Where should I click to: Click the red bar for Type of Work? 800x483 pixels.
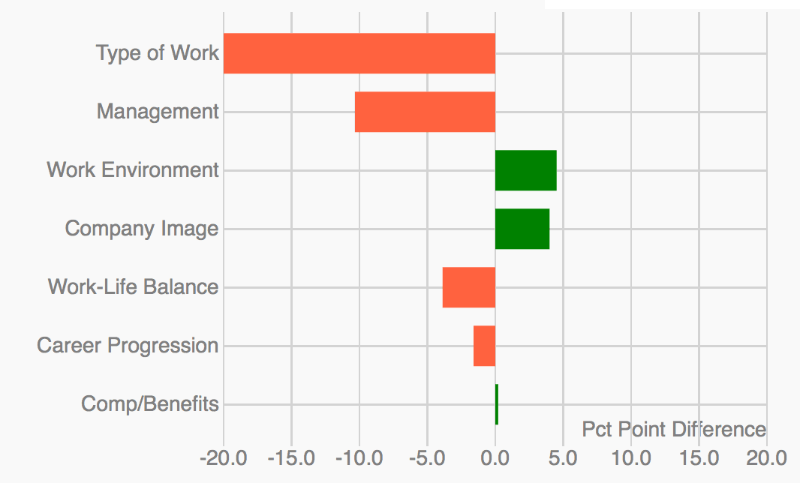coord(359,53)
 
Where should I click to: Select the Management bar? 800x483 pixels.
coord(425,112)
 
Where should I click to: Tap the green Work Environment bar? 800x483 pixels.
coord(525,170)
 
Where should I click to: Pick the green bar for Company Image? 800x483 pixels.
coord(522,229)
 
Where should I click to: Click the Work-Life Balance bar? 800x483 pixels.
coord(469,287)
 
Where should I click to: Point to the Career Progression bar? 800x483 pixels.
coord(484,346)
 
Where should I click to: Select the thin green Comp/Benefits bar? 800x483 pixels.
coord(497,404)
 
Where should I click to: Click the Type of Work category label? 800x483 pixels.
coord(158,53)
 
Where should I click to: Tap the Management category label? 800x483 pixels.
coord(158,112)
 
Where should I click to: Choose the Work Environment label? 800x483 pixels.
coord(133,170)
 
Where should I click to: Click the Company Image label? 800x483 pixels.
coord(142,229)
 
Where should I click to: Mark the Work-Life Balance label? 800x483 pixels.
coord(133,287)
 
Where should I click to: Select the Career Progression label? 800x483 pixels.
coord(128,346)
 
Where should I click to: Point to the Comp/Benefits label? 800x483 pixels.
coord(150,404)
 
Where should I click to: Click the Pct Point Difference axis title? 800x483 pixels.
coord(674,430)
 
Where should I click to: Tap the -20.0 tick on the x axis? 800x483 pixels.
coord(223,457)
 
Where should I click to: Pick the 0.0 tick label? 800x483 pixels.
coord(495,457)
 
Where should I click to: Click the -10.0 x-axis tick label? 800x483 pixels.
coord(359,457)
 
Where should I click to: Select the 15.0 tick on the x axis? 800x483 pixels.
coord(699,457)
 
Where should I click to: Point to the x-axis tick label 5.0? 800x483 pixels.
coord(563,457)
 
